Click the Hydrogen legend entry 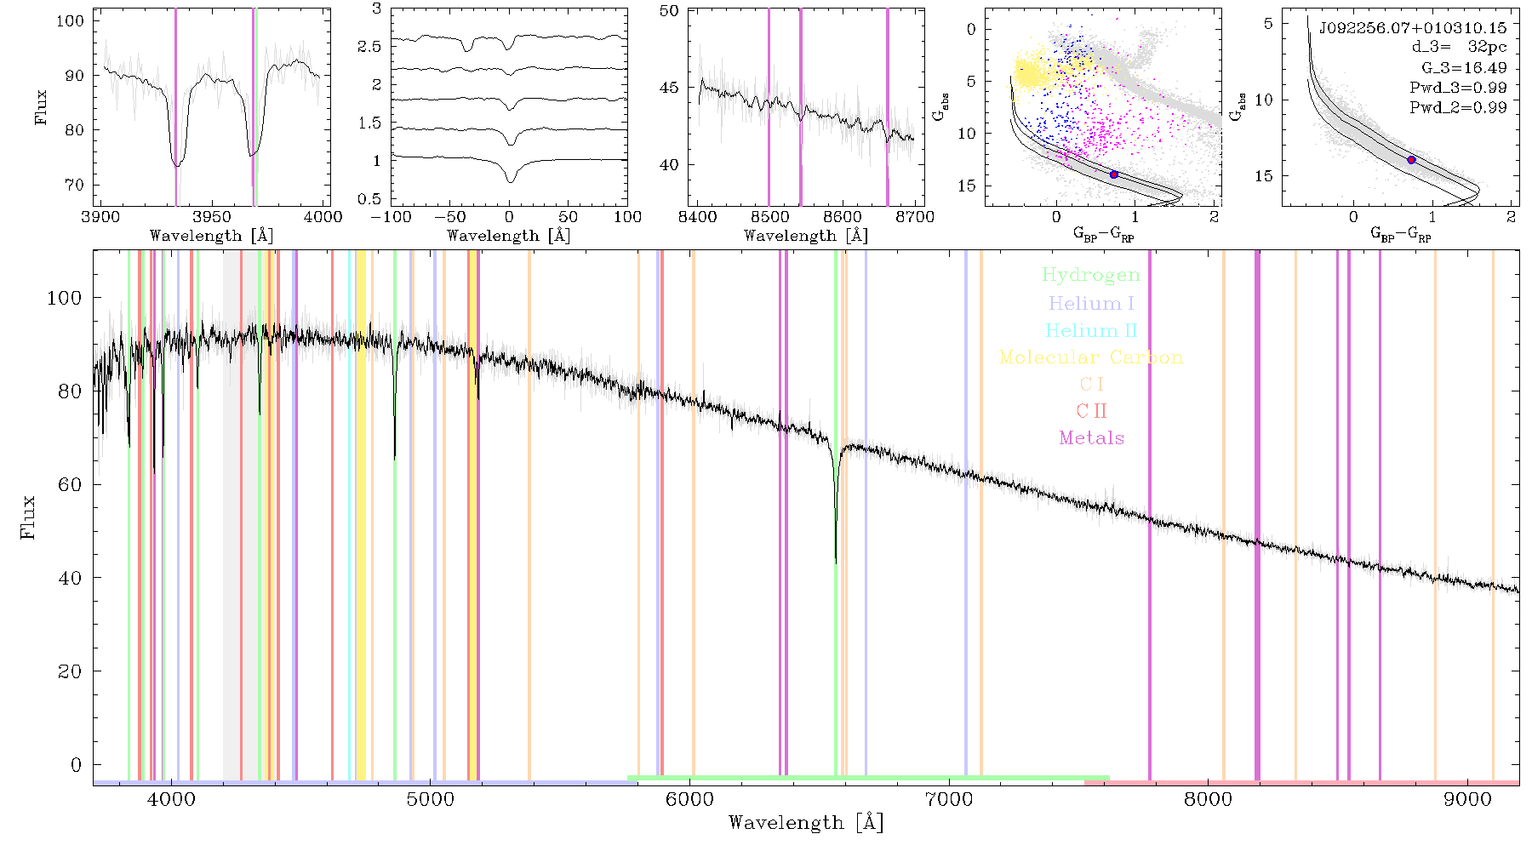click(x=1090, y=275)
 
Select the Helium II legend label click(x=1091, y=330)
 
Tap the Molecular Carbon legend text click(x=1091, y=357)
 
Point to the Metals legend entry click(x=1092, y=437)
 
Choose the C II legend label click(x=1092, y=411)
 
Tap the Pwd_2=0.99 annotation click(x=1458, y=107)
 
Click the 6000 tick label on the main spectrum click(x=689, y=799)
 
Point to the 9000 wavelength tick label click(x=1467, y=799)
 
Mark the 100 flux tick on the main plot click(x=65, y=298)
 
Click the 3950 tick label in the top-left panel click(x=211, y=216)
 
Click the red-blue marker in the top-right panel click(x=1411, y=160)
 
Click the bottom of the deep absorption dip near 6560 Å click(x=836, y=563)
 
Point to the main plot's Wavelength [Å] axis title click(x=806, y=823)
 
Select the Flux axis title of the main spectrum click(x=29, y=517)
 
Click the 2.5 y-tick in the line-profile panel click(x=369, y=46)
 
